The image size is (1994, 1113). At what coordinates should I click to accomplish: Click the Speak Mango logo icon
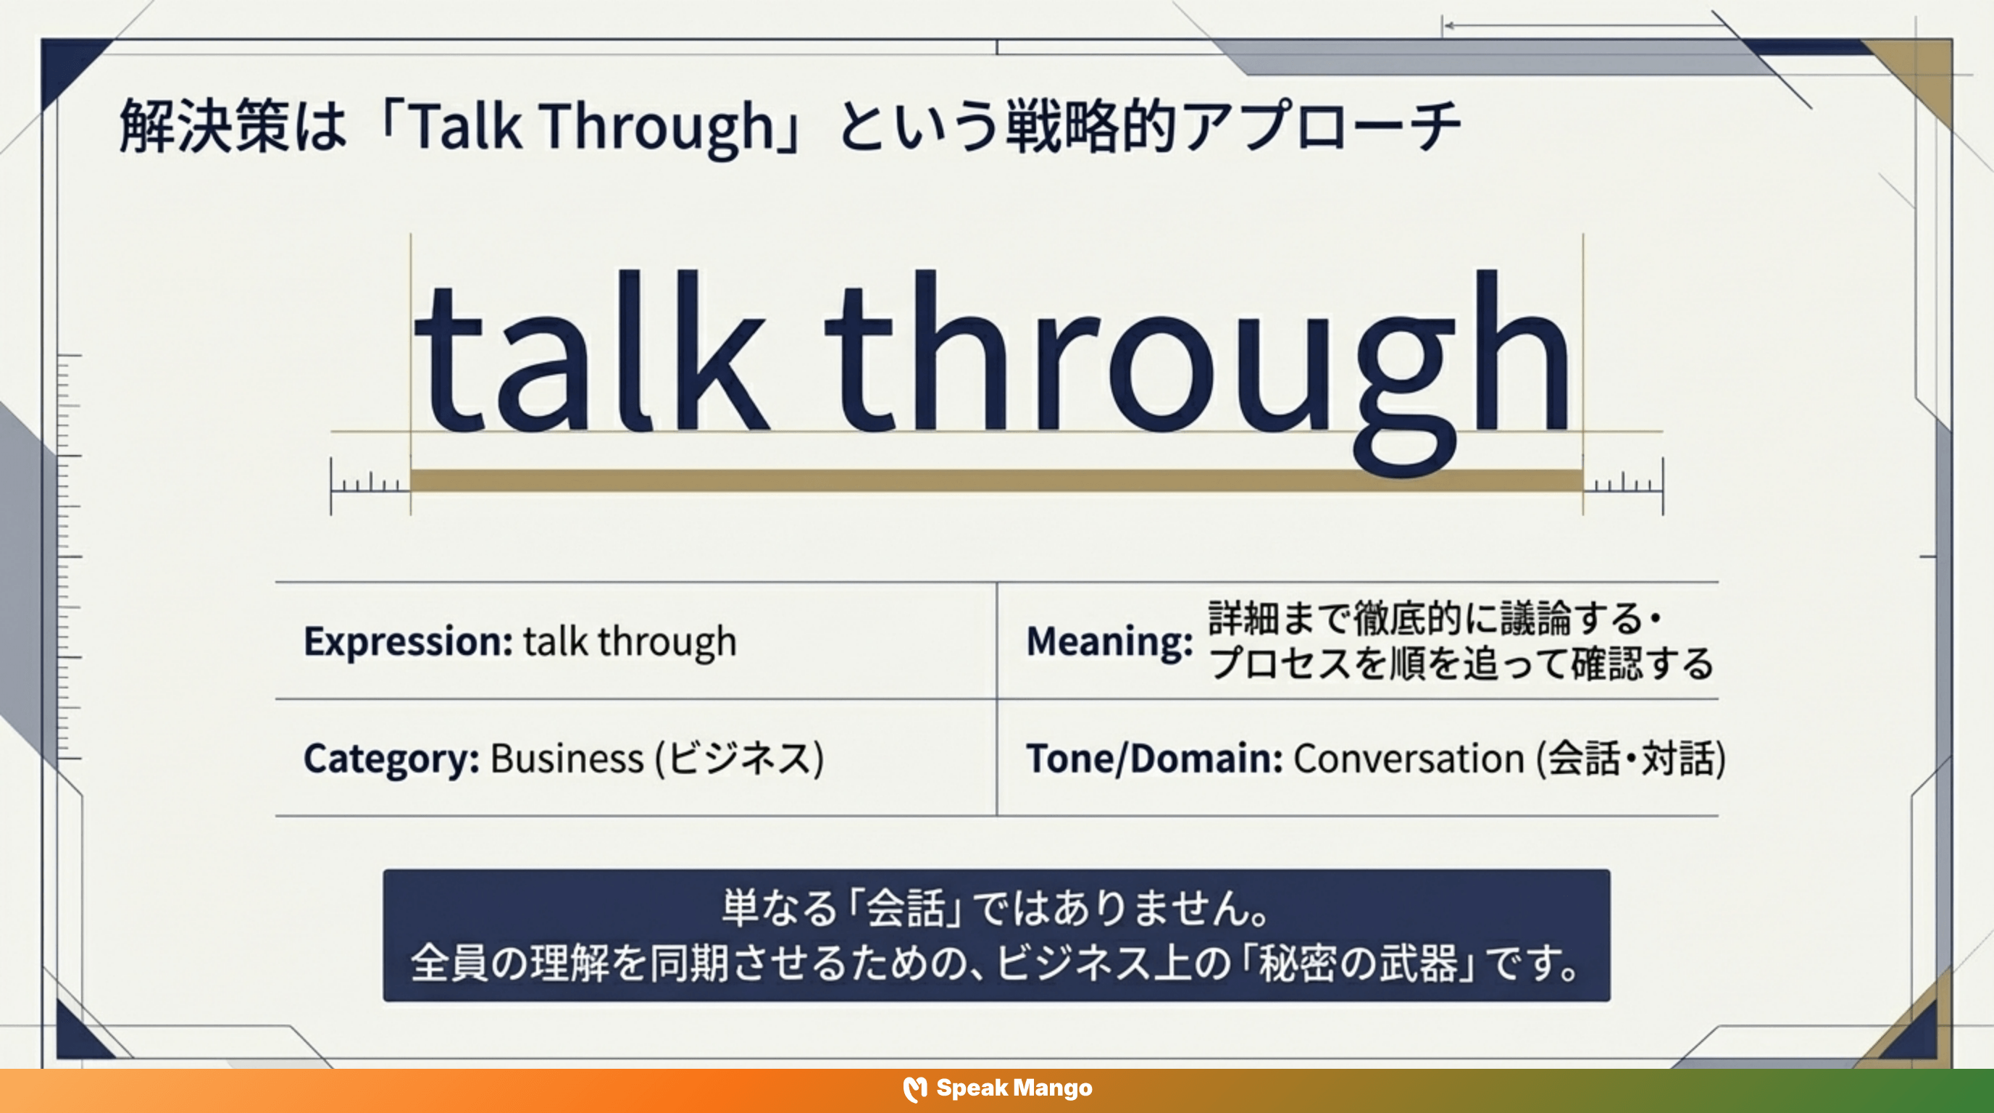coord(915,1089)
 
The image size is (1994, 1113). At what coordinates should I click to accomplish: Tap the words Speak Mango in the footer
coord(1014,1088)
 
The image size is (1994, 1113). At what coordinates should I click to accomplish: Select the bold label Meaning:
coord(1109,641)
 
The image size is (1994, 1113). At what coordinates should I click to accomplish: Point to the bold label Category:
coord(391,759)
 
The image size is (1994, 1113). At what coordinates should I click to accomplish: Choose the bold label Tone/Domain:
coord(1154,759)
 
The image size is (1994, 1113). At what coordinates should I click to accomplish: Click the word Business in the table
coord(567,759)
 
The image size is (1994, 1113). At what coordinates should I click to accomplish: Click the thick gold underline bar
coord(996,480)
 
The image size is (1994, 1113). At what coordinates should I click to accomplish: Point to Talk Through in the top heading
coord(590,126)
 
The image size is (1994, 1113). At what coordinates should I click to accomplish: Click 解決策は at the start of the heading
coord(232,126)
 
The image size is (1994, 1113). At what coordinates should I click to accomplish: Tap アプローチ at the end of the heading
coord(1322,126)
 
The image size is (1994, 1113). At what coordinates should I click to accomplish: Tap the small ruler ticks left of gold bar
coord(370,484)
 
